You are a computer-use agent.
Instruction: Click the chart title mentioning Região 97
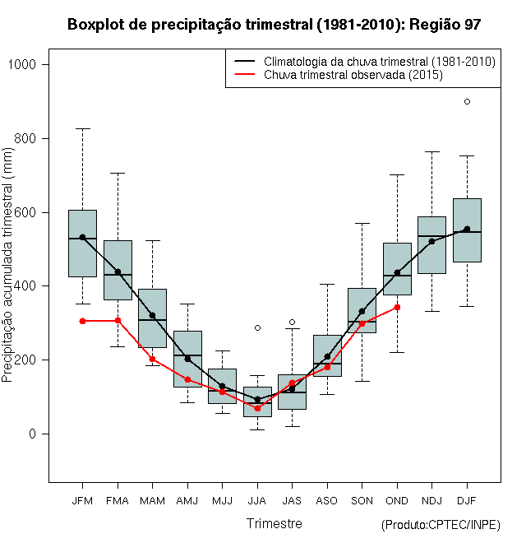(x=274, y=25)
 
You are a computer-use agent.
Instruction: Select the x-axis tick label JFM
(x=82, y=500)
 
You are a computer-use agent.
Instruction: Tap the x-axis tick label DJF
(x=467, y=500)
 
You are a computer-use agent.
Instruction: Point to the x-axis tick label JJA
(x=257, y=500)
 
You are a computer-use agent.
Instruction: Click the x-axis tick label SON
(x=362, y=500)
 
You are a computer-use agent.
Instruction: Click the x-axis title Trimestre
(x=275, y=523)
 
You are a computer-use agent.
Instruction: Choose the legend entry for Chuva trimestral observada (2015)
(x=353, y=75)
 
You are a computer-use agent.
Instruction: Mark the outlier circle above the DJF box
(x=467, y=101)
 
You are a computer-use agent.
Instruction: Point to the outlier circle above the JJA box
(x=257, y=327)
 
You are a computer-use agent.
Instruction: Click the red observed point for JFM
(x=82, y=321)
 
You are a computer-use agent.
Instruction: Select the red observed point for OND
(x=397, y=307)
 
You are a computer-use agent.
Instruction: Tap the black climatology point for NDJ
(x=431, y=241)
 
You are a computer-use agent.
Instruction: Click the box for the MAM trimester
(x=152, y=317)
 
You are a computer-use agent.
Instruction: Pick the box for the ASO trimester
(x=327, y=355)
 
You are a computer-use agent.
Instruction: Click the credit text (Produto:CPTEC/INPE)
(x=441, y=525)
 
